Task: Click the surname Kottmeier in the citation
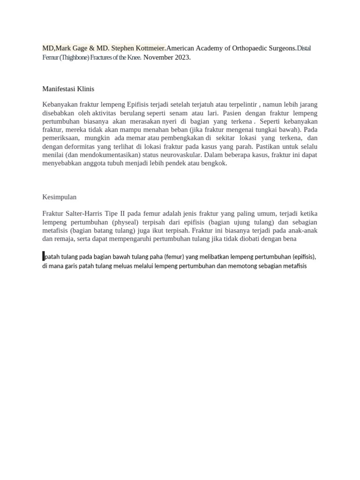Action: point(149,48)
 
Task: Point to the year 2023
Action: point(182,58)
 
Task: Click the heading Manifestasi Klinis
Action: point(68,89)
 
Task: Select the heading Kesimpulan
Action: point(59,197)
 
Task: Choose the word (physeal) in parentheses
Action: point(115,222)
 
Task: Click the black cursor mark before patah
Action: point(44,256)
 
